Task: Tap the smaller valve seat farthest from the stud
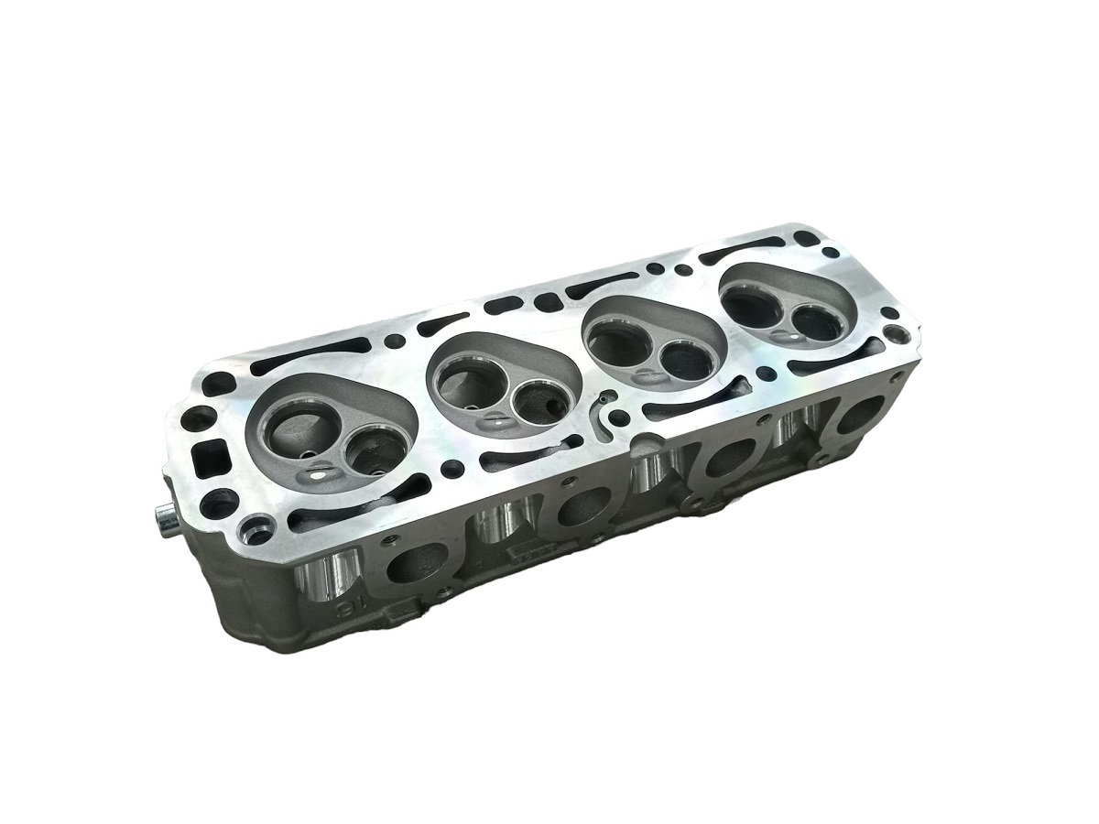tap(816, 322)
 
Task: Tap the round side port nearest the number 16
tap(418, 564)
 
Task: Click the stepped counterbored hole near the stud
tap(256, 528)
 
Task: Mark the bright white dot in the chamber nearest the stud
tap(319, 472)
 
